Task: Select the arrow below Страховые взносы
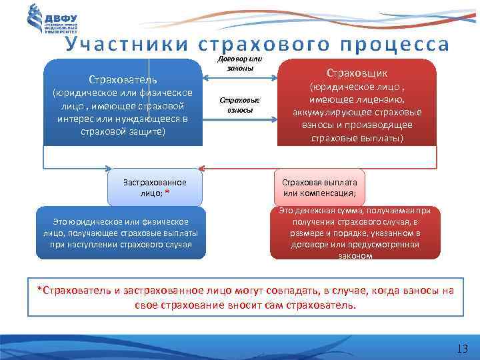(x=239, y=120)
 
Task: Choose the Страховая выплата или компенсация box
(x=319, y=187)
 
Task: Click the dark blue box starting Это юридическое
(x=121, y=233)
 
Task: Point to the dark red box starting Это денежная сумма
(x=355, y=233)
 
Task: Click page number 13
(x=462, y=349)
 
